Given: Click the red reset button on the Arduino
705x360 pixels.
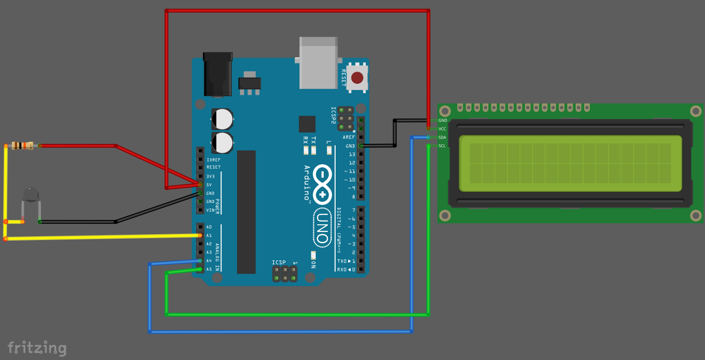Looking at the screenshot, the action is click(x=357, y=78).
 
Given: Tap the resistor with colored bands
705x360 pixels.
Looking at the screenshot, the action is click(x=23, y=146).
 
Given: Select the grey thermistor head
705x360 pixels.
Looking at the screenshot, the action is click(x=31, y=195).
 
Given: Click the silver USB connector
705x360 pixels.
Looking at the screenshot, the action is click(x=318, y=63).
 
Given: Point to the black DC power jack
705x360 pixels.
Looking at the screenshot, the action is click(x=218, y=74).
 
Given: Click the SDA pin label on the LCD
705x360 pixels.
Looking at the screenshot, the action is click(x=442, y=137).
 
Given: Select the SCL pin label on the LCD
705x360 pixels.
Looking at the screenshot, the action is click(x=442, y=146).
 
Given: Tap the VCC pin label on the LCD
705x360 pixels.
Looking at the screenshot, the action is click(x=442, y=129).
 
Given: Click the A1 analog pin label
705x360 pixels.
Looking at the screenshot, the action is click(x=209, y=236).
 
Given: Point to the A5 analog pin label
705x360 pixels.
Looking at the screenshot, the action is click(x=209, y=270).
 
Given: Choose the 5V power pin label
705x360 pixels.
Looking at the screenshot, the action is click(x=209, y=185).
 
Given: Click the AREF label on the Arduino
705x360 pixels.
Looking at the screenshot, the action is click(x=349, y=137).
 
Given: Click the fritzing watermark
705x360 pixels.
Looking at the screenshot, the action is click(x=37, y=348).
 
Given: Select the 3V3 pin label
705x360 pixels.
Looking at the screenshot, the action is click(x=210, y=176).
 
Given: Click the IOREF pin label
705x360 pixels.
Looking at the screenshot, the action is click(x=213, y=160).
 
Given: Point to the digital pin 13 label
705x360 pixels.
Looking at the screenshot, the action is click(x=352, y=154).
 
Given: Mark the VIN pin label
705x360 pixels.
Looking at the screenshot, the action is click(x=210, y=210).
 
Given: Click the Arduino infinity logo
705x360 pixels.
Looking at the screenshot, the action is click(x=322, y=185).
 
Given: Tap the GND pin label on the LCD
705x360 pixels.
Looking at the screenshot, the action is click(x=443, y=120).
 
